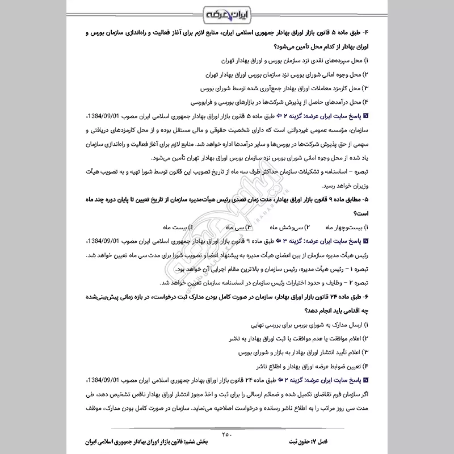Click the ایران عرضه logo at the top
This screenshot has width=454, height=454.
tap(227, 12)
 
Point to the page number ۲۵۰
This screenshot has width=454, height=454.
tap(227, 435)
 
